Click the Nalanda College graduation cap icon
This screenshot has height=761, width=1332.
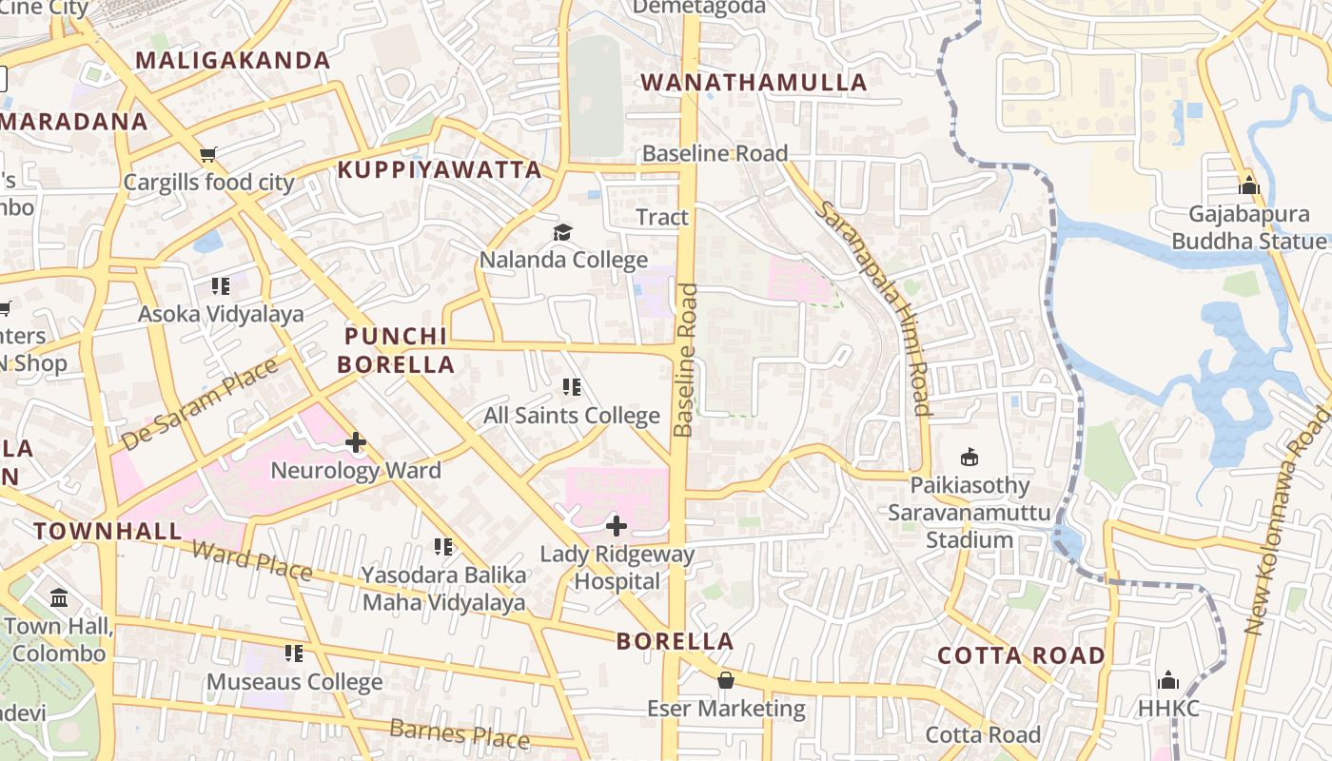tap(563, 232)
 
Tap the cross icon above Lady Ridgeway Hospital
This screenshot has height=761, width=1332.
tap(617, 525)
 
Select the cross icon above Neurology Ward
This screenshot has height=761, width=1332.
tap(356, 442)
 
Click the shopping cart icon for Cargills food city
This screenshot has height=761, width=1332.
tap(208, 154)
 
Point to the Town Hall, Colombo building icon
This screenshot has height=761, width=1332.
tap(59, 598)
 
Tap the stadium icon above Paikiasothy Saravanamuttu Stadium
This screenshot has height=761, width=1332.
tap(969, 458)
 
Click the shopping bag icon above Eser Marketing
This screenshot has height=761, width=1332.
tap(726, 680)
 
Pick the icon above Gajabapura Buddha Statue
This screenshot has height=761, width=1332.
tap(1249, 186)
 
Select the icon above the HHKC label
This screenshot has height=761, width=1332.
tap(1168, 680)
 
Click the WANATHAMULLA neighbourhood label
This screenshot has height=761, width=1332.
tap(754, 83)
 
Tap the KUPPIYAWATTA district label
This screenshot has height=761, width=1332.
tap(440, 170)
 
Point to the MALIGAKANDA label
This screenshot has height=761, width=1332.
tap(233, 61)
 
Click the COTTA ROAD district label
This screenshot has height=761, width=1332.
tap(1021, 655)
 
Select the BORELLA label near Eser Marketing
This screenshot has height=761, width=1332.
tap(676, 641)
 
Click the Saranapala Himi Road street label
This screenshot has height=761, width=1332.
tap(872, 307)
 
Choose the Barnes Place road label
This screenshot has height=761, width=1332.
tap(460, 732)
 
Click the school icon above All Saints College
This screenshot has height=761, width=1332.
tap(572, 387)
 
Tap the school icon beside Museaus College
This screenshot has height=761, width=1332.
tap(294, 654)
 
